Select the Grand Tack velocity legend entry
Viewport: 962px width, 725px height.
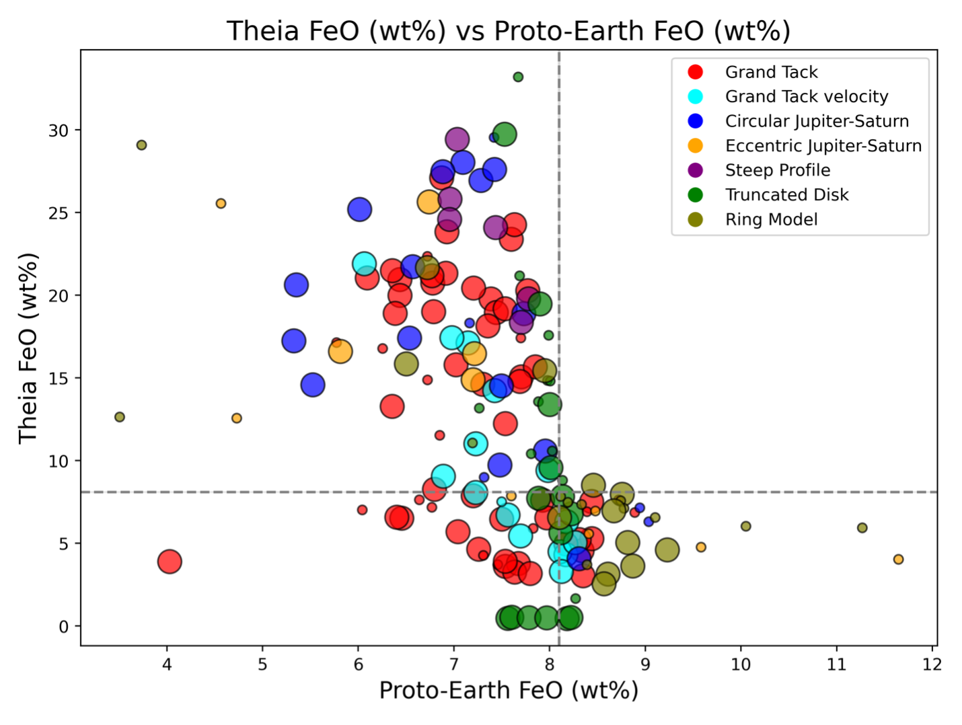[806, 97]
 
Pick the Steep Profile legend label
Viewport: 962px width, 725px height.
[777, 170]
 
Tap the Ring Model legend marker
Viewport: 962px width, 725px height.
[696, 220]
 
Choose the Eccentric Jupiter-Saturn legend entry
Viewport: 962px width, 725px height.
[823, 146]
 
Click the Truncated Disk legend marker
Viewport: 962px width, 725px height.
[696, 195]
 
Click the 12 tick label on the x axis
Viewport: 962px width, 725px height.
[932, 664]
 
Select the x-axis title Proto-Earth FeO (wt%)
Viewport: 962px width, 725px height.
[509, 691]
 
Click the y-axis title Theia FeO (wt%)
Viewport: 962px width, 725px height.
[28, 348]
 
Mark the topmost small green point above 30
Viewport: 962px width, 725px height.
[518, 77]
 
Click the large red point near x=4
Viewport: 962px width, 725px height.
[170, 561]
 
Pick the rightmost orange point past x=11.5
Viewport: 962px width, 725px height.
[898, 560]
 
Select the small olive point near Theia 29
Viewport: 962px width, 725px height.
[141, 145]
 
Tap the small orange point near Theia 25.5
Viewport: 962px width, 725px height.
[221, 204]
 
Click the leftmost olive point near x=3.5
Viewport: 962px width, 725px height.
[120, 417]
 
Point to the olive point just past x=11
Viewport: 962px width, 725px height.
[862, 528]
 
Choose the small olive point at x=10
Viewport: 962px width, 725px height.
[745, 527]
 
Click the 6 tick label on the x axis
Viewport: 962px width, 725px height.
[358, 664]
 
